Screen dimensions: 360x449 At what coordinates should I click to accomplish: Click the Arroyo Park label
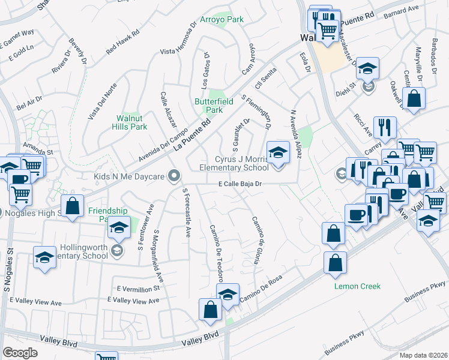(222, 19)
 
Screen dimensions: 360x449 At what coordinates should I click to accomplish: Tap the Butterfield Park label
(208, 106)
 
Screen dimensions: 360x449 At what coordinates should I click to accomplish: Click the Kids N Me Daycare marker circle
(175, 176)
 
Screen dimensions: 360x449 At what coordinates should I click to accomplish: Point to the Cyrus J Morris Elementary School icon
(277, 153)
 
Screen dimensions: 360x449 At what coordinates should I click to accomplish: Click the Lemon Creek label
(357, 286)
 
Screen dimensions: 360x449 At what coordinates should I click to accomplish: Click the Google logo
(20, 352)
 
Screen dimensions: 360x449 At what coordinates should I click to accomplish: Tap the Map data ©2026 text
(423, 355)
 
